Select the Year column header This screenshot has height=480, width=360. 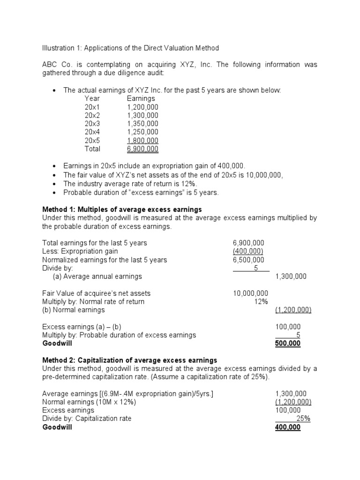[92, 99]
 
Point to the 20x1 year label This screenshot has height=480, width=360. [92, 107]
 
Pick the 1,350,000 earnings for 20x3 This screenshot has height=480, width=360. [142, 124]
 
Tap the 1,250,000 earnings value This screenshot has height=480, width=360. [142, 132]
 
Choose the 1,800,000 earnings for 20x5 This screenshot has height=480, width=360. [142, 141]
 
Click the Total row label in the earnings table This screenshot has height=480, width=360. [92, 149]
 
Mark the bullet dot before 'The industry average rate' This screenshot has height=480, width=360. [55, 183]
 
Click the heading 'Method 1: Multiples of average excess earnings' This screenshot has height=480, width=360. [122, 209]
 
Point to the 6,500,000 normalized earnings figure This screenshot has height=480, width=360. [248, 260]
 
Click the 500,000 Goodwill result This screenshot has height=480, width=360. [287, 344]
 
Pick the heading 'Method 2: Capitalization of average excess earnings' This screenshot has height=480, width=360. [130, 360]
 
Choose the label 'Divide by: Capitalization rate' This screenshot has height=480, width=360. [87, 419]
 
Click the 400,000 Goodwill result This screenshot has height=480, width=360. [287, 427]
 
